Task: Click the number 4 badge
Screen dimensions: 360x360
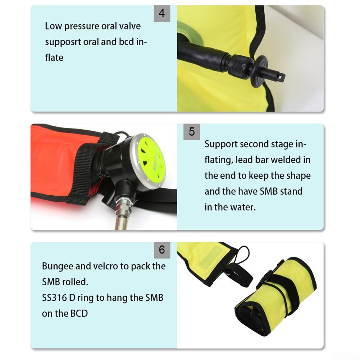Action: point(162,13)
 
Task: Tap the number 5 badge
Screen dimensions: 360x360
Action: point(192,132)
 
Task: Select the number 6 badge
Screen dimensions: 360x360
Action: point(162,250)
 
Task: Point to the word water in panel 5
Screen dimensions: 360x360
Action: point(243,207)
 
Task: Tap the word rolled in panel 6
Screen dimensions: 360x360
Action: point(75,282)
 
